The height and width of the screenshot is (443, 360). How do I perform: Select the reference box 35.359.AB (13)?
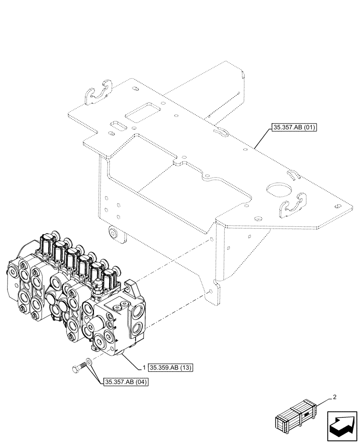point(170,367)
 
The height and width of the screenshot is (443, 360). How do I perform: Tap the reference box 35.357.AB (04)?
point(126,381)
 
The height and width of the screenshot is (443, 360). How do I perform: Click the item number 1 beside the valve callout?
point(145,367)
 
